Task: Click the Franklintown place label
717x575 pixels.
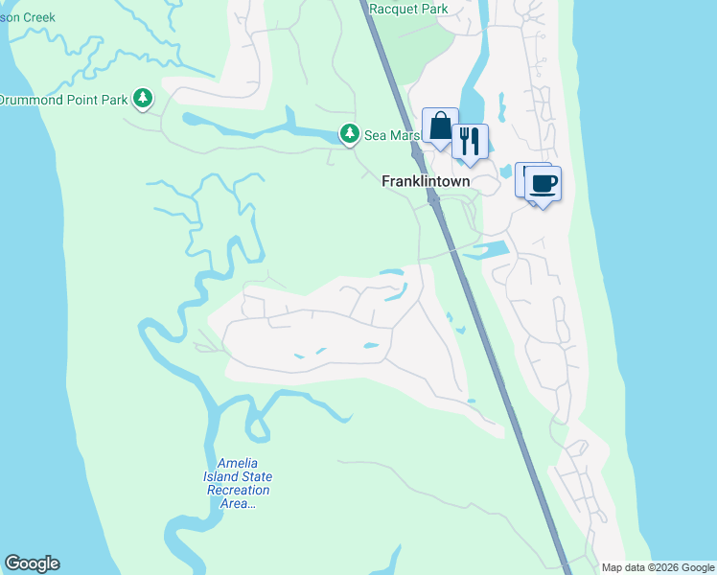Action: (x=426, y=180)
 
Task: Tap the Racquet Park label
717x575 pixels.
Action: (x=409, y=9)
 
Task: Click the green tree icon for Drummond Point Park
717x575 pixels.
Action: (x=143, y=98)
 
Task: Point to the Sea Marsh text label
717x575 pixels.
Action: (x=392, y=136)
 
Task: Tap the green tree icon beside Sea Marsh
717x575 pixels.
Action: (x=351, y=134)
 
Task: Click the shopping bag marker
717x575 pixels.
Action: (x=440, y=126)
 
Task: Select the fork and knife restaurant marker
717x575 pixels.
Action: (x=470, y=142)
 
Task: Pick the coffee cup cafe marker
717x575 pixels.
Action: (x=543, y=183)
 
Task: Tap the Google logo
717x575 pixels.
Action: (x=32, y=563)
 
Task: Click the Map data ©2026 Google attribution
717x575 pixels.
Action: (x=657, y=567)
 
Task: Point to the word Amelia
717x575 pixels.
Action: (x=238, y=463)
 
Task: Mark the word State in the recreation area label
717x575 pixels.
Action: (x=256, y=476)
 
